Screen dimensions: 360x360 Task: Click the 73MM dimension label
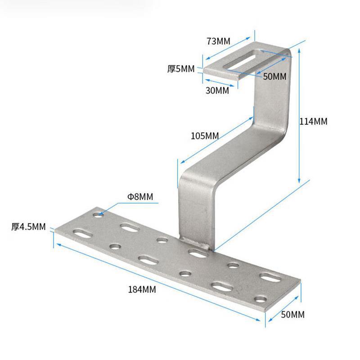pos(218,41)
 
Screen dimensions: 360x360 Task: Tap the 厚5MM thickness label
pos(181,69)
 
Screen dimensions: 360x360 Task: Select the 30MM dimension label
pos(217,90)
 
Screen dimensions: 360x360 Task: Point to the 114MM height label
pos(313,121)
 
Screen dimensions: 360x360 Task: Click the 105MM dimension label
pos(205,136)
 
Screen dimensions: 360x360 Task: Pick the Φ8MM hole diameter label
pos(140,197)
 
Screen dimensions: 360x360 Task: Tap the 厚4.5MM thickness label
pos(28,227)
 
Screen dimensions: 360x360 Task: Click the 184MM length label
pos(142,289)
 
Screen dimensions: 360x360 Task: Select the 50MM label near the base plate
pos(293,315)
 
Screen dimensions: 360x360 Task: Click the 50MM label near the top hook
pos(274,76)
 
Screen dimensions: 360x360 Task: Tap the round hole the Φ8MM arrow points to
pos(98,215)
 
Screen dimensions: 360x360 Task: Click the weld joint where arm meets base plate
pos(195,244)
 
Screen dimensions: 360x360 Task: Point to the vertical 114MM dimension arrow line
pos(299,116)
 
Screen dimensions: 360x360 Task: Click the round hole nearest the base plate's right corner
pos(261,299)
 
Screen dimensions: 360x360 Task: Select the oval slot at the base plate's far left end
pos(83,234)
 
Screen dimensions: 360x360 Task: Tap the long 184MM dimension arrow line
pos(158,282)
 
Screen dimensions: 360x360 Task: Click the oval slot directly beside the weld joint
pos(198,253)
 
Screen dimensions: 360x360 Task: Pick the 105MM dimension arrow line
pos(217,140)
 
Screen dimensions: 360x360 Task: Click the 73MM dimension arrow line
pos(228,48)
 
